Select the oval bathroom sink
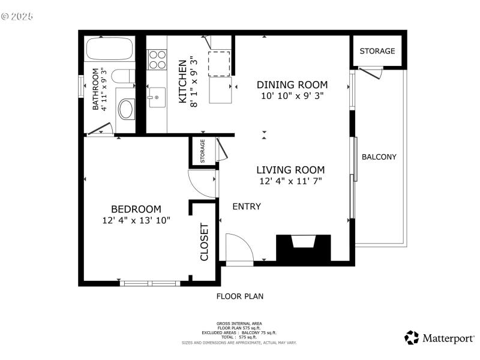pos(127,109)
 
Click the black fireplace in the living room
pos(303,247)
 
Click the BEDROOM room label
pos(136,209)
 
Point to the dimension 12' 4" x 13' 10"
pos(136,220)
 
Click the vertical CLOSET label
pos(204,242)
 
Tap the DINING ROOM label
pos(292,85)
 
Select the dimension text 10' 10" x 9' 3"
pos(292,95)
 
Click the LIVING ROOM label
pos(290,170)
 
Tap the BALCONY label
pos(379,157)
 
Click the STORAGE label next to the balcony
pos(377,51)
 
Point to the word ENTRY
pos(247,206)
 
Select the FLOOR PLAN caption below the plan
pos(239,296)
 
